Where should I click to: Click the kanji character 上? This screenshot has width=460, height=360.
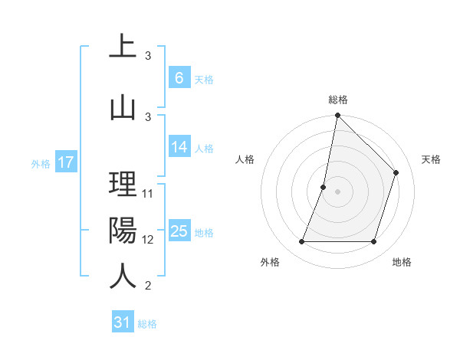[123, 47]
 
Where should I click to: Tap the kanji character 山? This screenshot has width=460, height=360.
[123, 106]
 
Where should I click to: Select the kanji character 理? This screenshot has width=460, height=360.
[123, 185]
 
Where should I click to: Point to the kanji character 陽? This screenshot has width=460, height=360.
[123, 231]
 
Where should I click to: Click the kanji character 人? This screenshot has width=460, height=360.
[123, 276]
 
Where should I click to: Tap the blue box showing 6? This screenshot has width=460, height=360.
[179, 78]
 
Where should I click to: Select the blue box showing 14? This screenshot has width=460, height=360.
[179, 148]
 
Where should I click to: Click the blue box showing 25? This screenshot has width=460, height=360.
[179, 231]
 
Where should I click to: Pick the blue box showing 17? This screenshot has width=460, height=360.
[65, 162]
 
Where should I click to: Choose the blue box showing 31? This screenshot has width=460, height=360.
[123, 322]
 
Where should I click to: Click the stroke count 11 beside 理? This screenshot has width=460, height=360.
[149, 194]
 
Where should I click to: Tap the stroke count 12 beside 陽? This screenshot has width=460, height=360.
[149, 240]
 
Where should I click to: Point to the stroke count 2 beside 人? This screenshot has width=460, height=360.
[148, 286]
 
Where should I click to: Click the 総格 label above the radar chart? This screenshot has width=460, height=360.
[337, 100]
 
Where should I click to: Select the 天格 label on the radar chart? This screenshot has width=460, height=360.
[431, 159]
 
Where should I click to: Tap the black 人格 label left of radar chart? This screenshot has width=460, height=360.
[245, 159]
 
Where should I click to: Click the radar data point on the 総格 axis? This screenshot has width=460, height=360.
[337, 116]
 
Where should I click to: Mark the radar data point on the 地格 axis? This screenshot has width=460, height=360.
[373, 242]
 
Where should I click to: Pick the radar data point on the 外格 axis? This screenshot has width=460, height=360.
[301, 242]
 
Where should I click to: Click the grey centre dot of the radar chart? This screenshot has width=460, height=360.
[337, 191]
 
